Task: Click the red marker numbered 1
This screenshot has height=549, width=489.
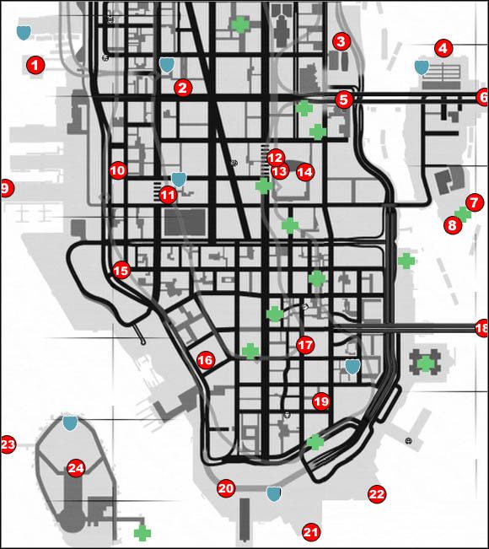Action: [35, 63]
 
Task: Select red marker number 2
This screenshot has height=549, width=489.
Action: [183, 87]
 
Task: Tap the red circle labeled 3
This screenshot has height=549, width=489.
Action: [341, 40]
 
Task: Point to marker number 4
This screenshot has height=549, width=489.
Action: [443, 48]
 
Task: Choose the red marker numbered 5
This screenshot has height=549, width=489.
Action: [342, 100]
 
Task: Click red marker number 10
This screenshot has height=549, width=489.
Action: [117, 170]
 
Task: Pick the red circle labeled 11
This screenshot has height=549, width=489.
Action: [168, 195]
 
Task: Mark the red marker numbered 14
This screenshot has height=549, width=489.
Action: [304, 171]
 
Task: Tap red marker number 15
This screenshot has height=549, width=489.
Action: [121, 271]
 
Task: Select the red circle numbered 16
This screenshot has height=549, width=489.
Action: [205, 360]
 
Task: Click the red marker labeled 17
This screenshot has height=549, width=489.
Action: [304, 345]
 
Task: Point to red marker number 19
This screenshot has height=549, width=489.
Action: [320, 401]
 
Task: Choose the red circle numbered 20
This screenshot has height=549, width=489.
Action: [225, 488]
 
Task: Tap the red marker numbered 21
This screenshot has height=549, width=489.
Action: [311, 532]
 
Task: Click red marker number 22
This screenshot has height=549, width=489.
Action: [376, 494]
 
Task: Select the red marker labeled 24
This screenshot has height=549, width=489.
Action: [76, 468]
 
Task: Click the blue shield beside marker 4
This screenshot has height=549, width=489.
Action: [422, 67]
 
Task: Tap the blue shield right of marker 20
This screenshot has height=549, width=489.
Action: [273, 493]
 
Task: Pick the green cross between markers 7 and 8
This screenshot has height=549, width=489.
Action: [462, 214]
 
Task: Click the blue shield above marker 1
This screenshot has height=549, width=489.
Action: [24, 33]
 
